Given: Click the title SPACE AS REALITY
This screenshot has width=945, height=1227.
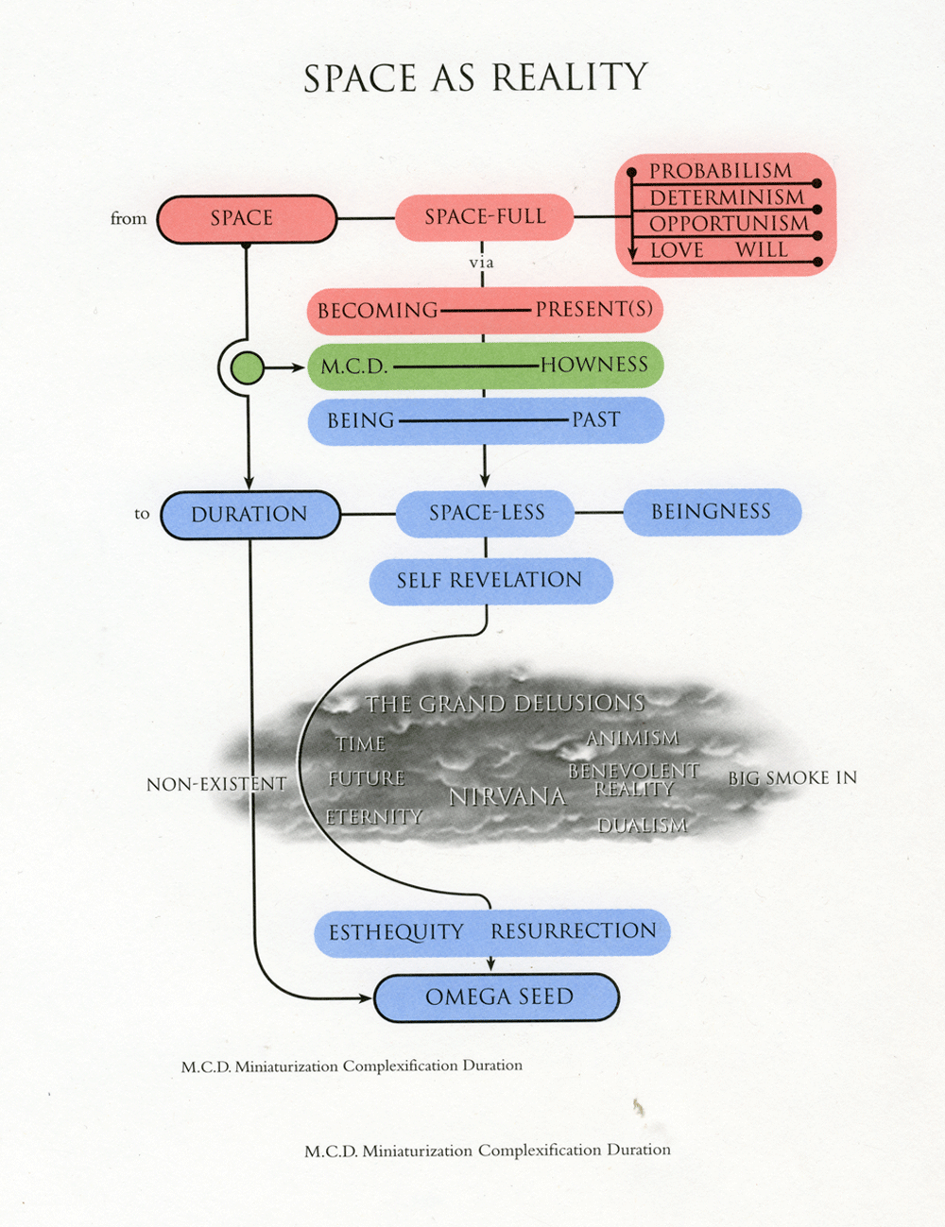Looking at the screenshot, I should point(475,78).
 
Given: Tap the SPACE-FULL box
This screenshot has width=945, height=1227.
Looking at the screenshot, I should point(484,217).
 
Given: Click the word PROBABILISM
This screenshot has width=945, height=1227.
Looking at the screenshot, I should point(720,171).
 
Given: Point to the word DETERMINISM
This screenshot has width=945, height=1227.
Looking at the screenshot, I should point(726,197).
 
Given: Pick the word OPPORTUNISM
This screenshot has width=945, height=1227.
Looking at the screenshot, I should point(729,224).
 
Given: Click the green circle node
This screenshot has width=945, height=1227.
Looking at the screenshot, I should point(248,366).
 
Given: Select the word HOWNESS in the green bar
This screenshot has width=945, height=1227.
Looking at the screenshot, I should point(593,365).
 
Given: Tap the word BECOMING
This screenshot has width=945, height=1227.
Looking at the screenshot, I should point(377,311).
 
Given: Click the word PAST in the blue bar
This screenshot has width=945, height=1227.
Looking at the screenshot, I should point(595,419).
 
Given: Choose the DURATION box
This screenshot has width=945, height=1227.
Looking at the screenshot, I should point(249,515).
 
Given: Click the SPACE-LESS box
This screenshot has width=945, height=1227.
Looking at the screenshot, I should point(486,513).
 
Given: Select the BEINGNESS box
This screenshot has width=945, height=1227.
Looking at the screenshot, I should point(711,512).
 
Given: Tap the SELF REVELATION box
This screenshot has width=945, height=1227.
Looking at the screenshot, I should point(490,580).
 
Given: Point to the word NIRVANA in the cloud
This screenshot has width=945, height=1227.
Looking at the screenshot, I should point(507,797).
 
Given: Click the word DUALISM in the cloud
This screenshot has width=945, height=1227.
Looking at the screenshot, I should point(643,826).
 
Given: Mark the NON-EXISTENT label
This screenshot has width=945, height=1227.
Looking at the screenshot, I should point(215,784).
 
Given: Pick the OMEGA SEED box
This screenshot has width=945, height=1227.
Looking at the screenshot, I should point(498,997).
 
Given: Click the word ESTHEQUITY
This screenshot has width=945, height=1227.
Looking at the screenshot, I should point(396,932).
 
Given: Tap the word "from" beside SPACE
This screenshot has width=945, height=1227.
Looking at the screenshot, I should point(129,218).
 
